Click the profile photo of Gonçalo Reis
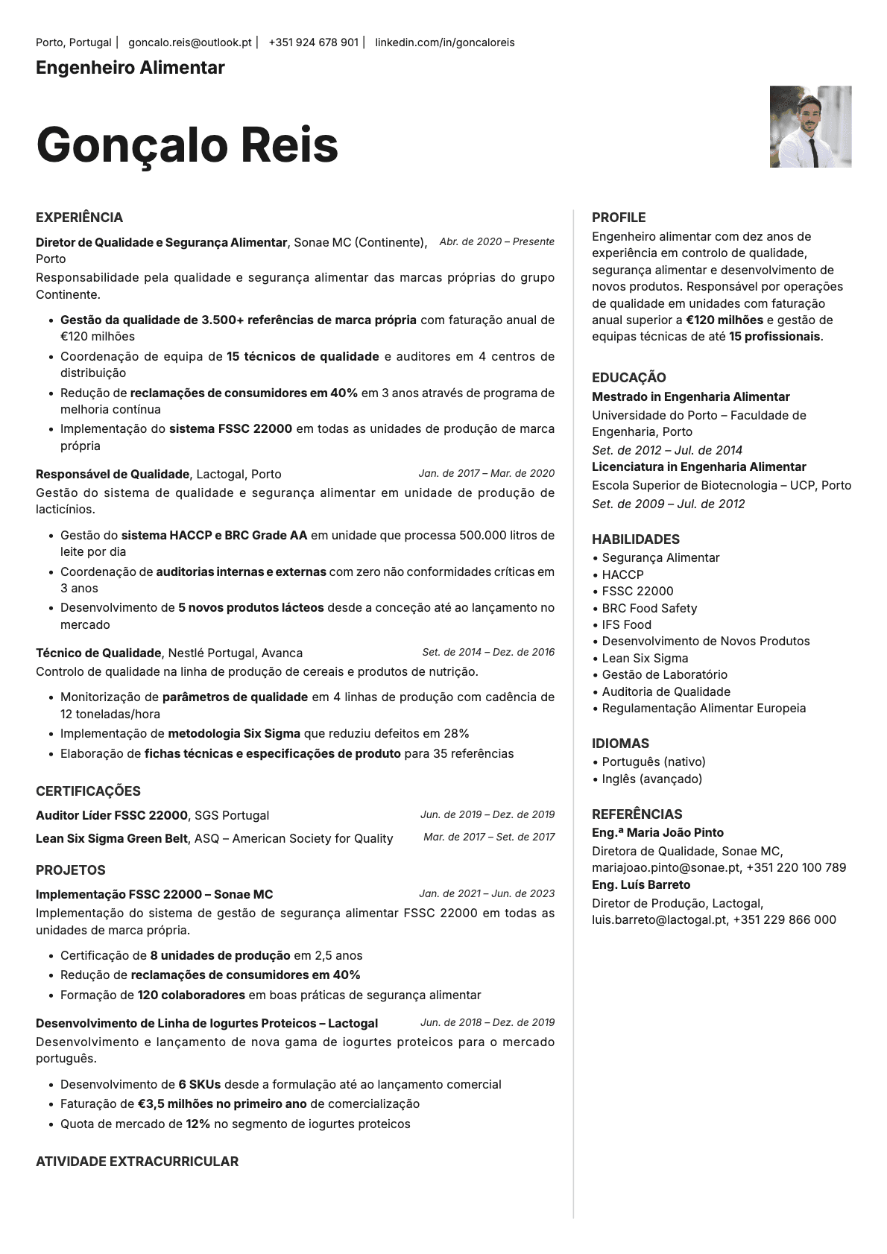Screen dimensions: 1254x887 click(810, 127)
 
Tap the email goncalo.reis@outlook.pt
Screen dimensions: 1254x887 click(189, 42)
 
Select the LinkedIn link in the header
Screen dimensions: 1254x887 click(444, 42)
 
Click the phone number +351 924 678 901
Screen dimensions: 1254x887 click(313, 42)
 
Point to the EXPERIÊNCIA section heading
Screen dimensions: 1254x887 click(79, 218)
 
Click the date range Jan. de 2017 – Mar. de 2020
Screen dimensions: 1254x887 click(486, 473)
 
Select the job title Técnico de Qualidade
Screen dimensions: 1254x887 click(98, 653)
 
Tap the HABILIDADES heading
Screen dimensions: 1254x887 click(636, 539)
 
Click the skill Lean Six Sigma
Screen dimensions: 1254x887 click(645, 658)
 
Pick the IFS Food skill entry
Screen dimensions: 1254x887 click(626, 624)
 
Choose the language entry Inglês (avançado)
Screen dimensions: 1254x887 click(651, 779)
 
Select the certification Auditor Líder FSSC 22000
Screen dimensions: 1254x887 click(112, 815)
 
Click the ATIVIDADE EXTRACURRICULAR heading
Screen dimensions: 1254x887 click(137, 1161)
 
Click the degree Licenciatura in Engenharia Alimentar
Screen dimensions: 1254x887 click(698, 466)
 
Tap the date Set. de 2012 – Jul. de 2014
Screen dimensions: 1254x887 click(666, 450)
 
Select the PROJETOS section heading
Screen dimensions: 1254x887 click(71, 870)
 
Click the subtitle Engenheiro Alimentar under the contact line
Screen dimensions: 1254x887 click(130, 68)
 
